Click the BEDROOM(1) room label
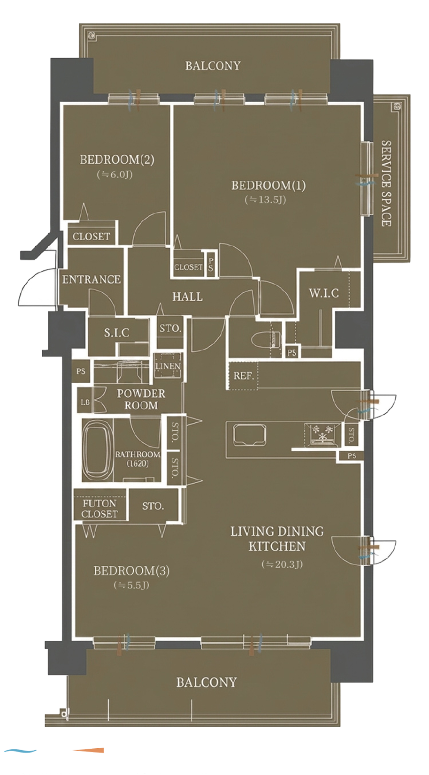(268, 185)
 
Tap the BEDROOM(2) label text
(117, 160)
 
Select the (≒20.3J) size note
(282, 564)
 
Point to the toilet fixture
(266, 340)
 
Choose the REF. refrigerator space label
(244, 376)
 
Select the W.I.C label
(324, 293)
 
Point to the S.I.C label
(117, 333)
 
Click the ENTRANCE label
(92, 279)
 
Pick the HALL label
(187, 296)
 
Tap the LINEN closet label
(168, 366)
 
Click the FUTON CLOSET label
(100, 508)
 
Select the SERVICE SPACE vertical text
(386, 183)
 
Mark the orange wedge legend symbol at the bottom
(88, 751)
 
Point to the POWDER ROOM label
(141, 399)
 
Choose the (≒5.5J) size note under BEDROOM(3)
(131, 585)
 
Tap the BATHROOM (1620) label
(138, 458)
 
